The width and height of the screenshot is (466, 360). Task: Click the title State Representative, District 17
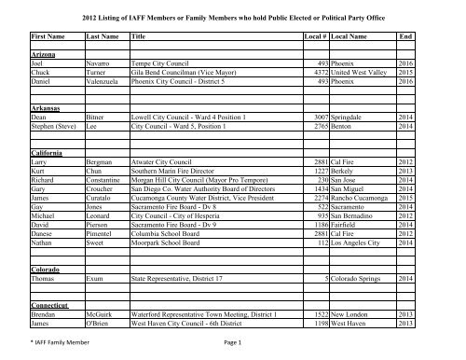tap(190, 302)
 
